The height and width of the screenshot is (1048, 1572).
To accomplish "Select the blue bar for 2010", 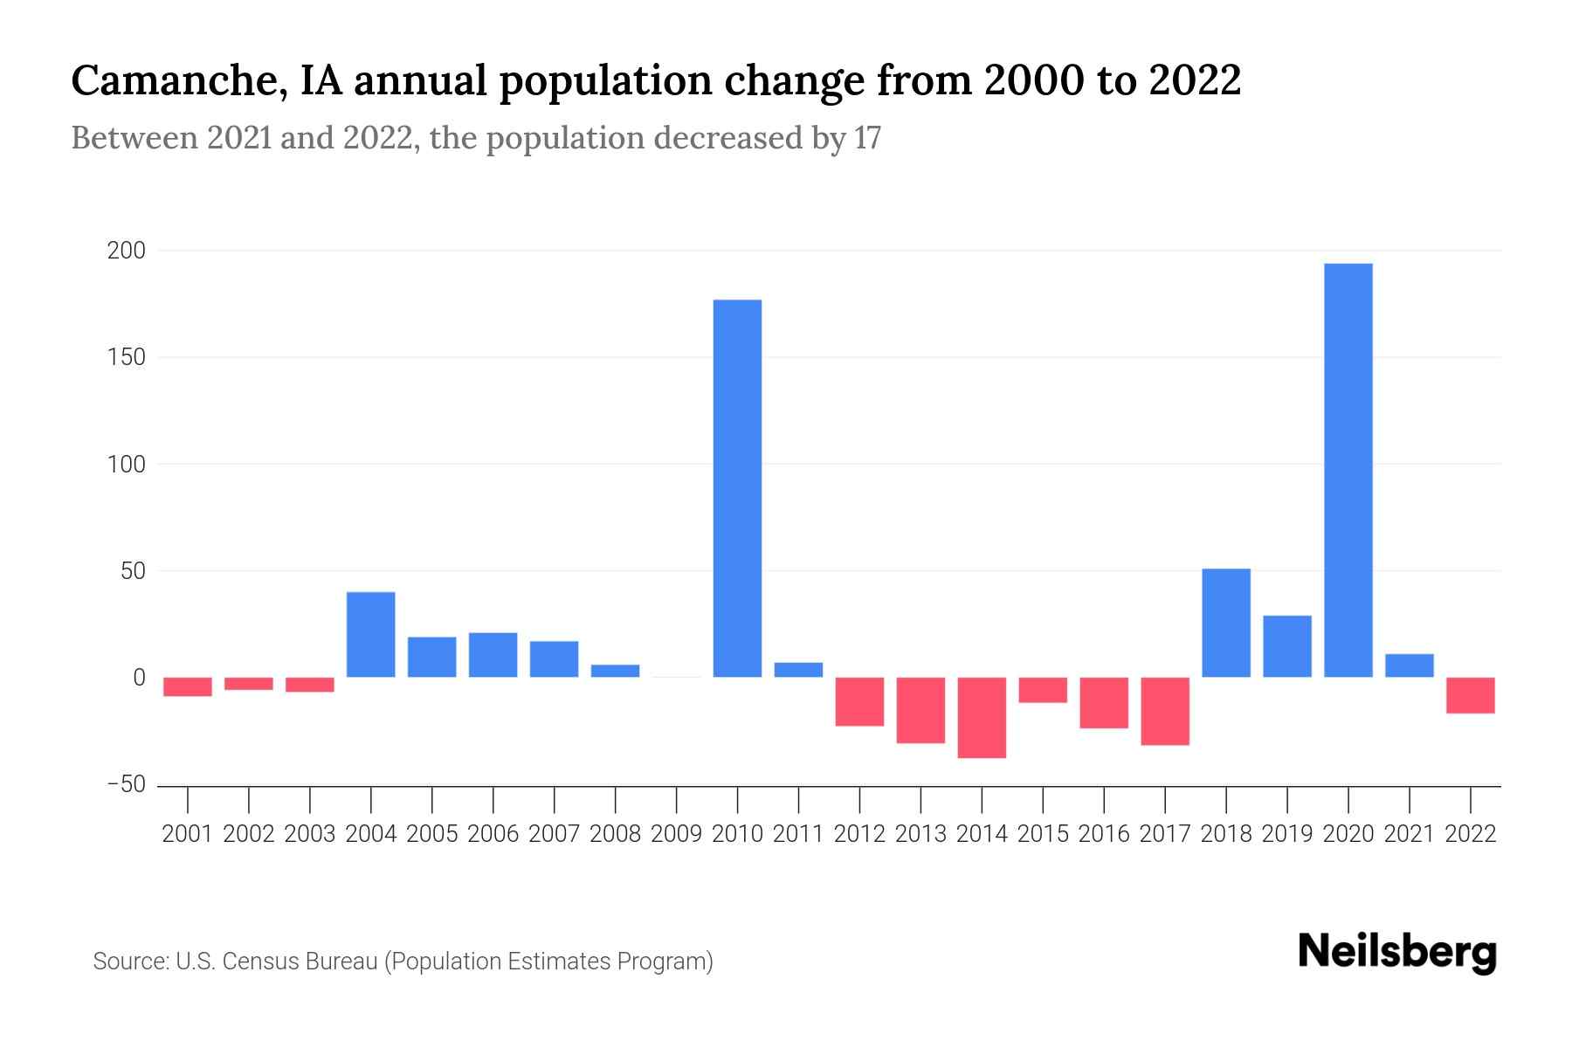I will [737, 488].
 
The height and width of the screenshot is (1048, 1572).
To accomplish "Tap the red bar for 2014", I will [982, 718].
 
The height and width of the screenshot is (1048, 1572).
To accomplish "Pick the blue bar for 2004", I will [370, 635].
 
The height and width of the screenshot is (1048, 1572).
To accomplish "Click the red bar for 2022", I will [1470, 695].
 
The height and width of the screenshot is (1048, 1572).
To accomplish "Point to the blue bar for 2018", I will [1225, 623].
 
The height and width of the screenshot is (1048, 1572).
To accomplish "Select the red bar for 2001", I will [188, 686].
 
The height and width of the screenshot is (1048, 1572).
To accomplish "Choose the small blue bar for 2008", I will [615, 671].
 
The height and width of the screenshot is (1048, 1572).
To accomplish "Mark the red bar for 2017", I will [1164, 711].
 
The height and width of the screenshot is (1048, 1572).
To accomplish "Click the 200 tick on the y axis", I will [126, 252].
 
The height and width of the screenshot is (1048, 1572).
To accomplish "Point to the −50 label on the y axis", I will [126, 784].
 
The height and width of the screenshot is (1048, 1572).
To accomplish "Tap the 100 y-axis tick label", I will [126, 465].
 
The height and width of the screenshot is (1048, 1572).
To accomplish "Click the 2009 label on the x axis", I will [676, 834].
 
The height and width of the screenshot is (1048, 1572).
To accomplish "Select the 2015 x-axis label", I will [1043, 834].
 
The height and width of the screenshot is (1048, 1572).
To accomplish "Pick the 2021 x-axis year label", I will [1409, 834].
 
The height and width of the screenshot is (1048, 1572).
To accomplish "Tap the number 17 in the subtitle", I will [867, 138].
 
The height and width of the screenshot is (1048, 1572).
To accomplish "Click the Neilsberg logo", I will [1397, 952].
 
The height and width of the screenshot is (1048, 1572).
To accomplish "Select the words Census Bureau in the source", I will [300, 962].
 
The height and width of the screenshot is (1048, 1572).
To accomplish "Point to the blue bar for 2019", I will [1286, 646].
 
